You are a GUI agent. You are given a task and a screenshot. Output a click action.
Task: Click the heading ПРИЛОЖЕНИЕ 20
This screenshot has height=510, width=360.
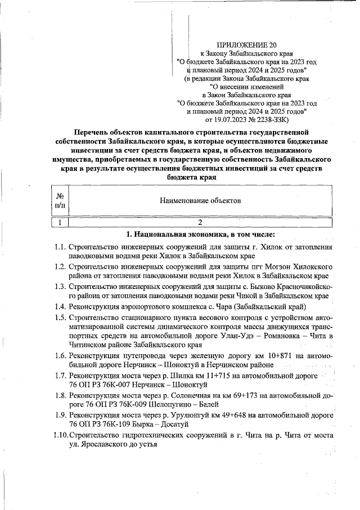247,44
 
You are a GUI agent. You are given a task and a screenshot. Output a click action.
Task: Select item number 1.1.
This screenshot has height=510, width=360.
61,247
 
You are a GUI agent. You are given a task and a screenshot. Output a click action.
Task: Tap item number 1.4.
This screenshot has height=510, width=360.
61,306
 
